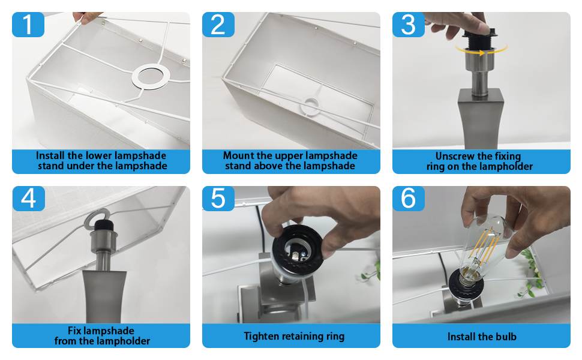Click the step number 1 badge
[x=28, y=25]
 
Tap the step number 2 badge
[x=218, y=25]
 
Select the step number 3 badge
[x=408, y=25]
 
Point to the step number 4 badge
[x=28, y=199]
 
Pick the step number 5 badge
[x=218, y=199]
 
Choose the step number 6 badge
[x=408, y=199]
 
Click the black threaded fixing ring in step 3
[x=479, y=41]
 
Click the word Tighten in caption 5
[x=261, y=336]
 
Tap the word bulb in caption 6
[x=506, y=337]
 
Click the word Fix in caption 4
[x=74, y=331]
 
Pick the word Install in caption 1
[x=50, y=155]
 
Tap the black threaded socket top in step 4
[x=104, y=226]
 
